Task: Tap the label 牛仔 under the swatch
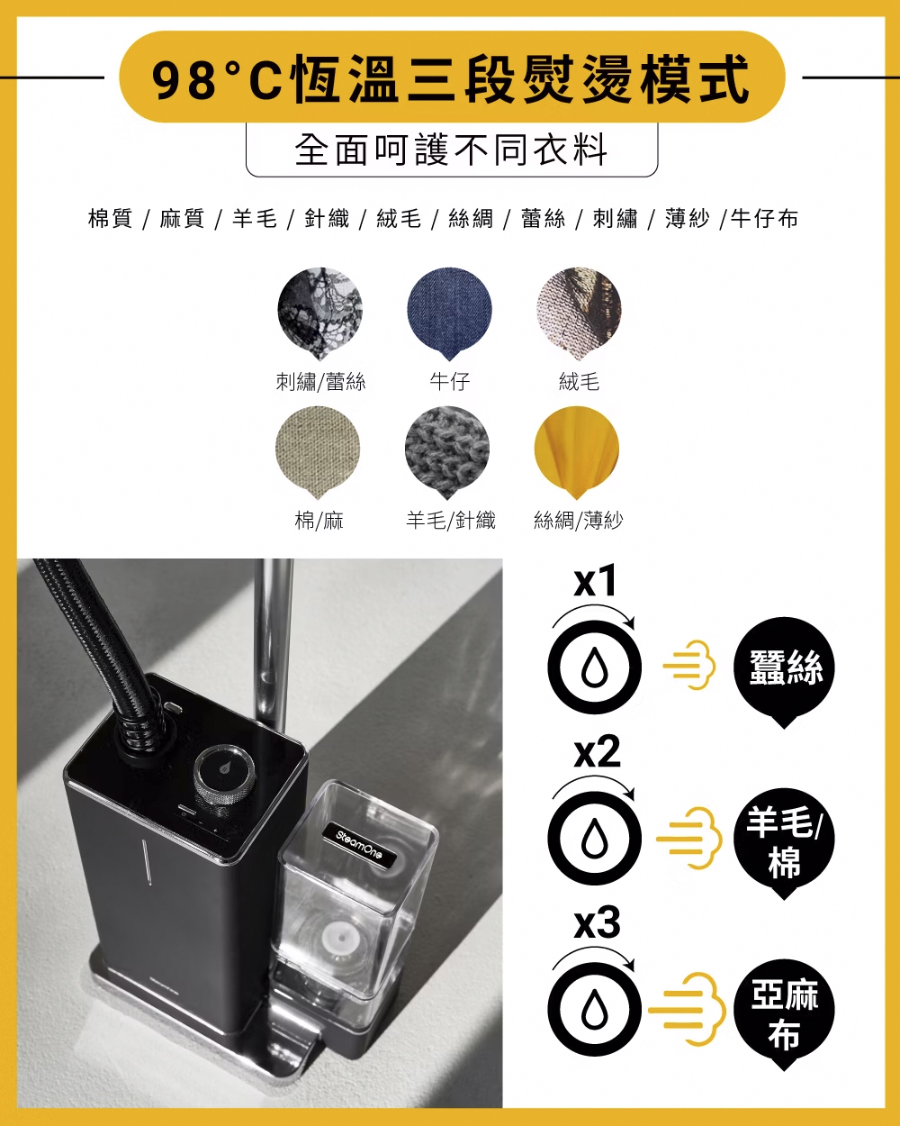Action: tap(450, 381)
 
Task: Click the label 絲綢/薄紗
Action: tap(579, 521)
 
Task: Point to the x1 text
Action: tap(595, 581)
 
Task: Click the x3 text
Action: tap(597, 922)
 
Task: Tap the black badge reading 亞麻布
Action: tap(784, 1014)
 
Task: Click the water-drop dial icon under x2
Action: tap(595, 839)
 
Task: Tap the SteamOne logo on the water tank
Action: tap(359, 844)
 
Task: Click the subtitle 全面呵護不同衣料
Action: tap(451, 150)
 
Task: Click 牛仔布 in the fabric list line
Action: tap(764, 218)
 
